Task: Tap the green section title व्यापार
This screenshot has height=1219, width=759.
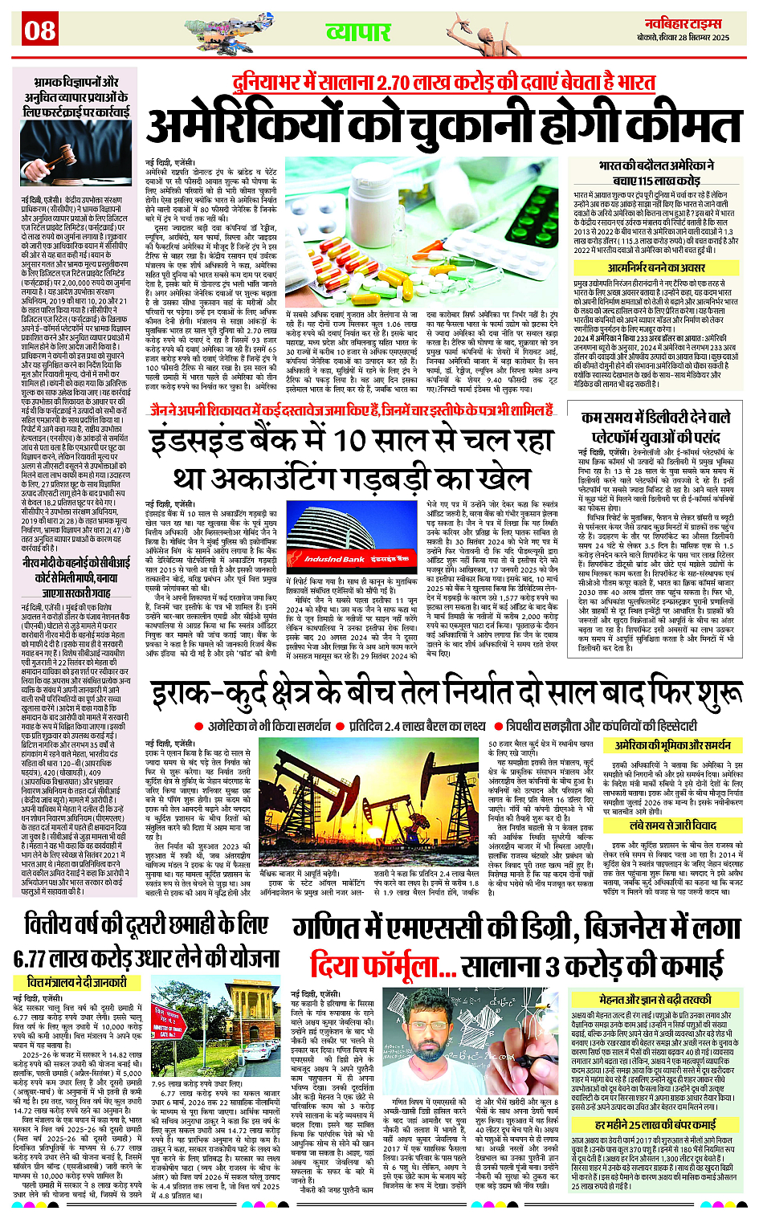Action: click(357, 32)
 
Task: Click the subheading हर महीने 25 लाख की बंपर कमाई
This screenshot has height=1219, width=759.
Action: click(655, 1126)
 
